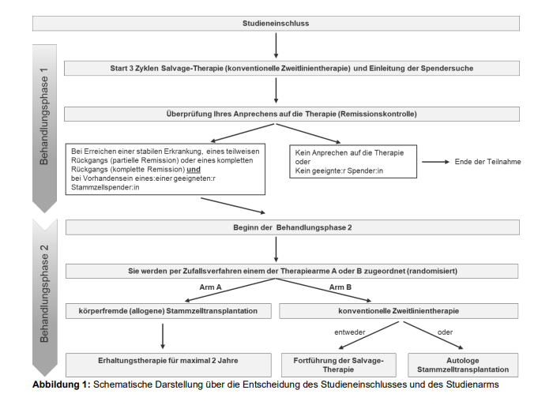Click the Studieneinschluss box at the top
(276, 23)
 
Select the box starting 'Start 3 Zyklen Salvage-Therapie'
(292, 69)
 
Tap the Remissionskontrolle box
(292, 114)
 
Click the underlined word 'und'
(194, 170)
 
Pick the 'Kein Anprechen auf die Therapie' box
(353, 161)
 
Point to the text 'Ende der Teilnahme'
(487, 162)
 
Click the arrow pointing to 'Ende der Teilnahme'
(435, 162)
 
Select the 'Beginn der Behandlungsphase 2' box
(292, 227)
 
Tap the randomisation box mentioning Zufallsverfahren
(292, 271)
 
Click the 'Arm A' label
(210, 287)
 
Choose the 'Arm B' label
(340, 287)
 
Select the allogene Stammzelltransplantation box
(168, 311)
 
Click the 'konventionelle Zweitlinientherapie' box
(398, 311)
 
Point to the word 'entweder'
(349, 332)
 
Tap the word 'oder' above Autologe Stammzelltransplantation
(445, 332)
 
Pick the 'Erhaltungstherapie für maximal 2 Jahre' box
(168, 365)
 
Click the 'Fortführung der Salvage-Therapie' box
(339, 365)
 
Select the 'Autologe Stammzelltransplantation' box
(463, 365)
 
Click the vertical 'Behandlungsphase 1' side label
(44, 116)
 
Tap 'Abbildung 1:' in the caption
(62, 384)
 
